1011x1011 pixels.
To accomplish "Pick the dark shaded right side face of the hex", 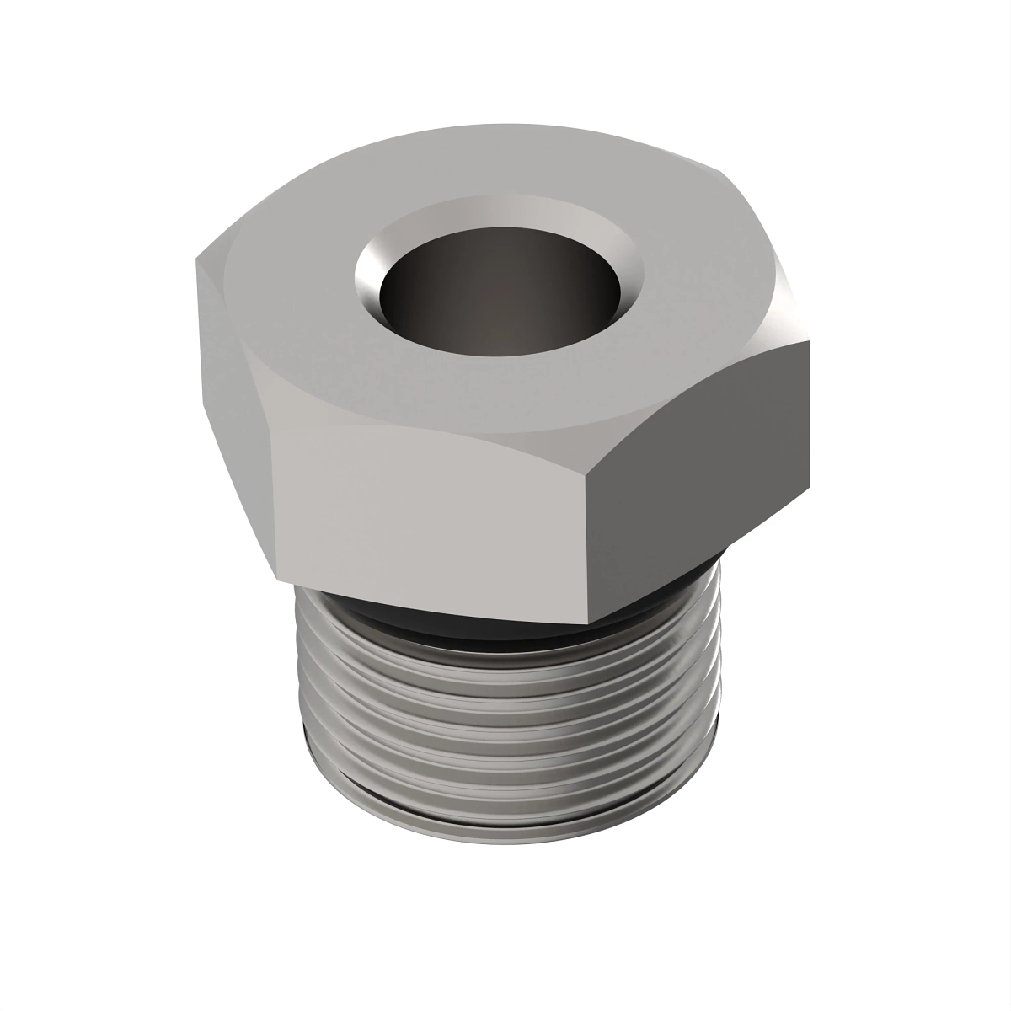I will [699, 472].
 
